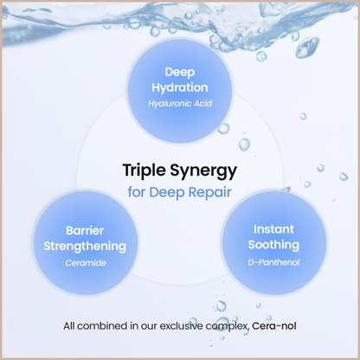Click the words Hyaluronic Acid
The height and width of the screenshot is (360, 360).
(180, 104)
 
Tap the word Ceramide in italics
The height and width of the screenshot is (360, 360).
(86, 263)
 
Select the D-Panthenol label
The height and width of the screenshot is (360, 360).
(273, 262)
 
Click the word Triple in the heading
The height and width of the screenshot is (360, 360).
(145, 170)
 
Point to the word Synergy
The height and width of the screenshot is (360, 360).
(203, 171)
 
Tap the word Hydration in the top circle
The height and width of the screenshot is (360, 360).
(180, 88)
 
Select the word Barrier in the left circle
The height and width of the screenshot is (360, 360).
(85, 230)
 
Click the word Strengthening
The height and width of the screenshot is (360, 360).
(85, 247)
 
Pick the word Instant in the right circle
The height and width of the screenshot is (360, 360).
(273, 229)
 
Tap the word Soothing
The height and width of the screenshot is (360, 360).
(273, 245)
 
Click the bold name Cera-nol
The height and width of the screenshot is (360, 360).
(274, 326)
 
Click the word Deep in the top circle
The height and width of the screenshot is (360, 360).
(180, 73)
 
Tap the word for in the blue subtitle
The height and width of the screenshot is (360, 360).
(137, 192)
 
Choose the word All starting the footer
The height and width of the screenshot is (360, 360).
(69, 326)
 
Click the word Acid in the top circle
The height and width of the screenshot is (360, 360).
(202, 103)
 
